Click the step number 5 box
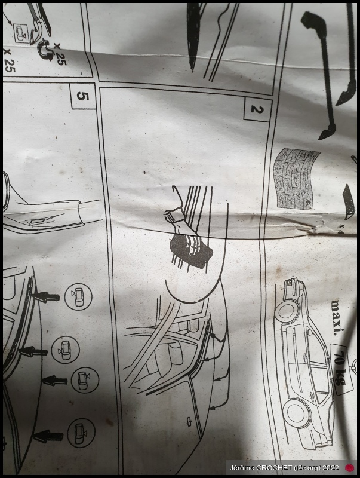click(82, 96)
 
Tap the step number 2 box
click(257, 109)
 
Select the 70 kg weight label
click(340, 368)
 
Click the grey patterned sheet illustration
click(296, 179)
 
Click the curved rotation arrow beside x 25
click(45, 50)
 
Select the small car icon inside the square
click(20, 33)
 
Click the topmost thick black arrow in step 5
click(46, 296)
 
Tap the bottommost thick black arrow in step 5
click(48, 437)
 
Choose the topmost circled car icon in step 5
click(78, 296)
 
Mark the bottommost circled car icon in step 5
click(81, 433)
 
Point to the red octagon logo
click(350, 468)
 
